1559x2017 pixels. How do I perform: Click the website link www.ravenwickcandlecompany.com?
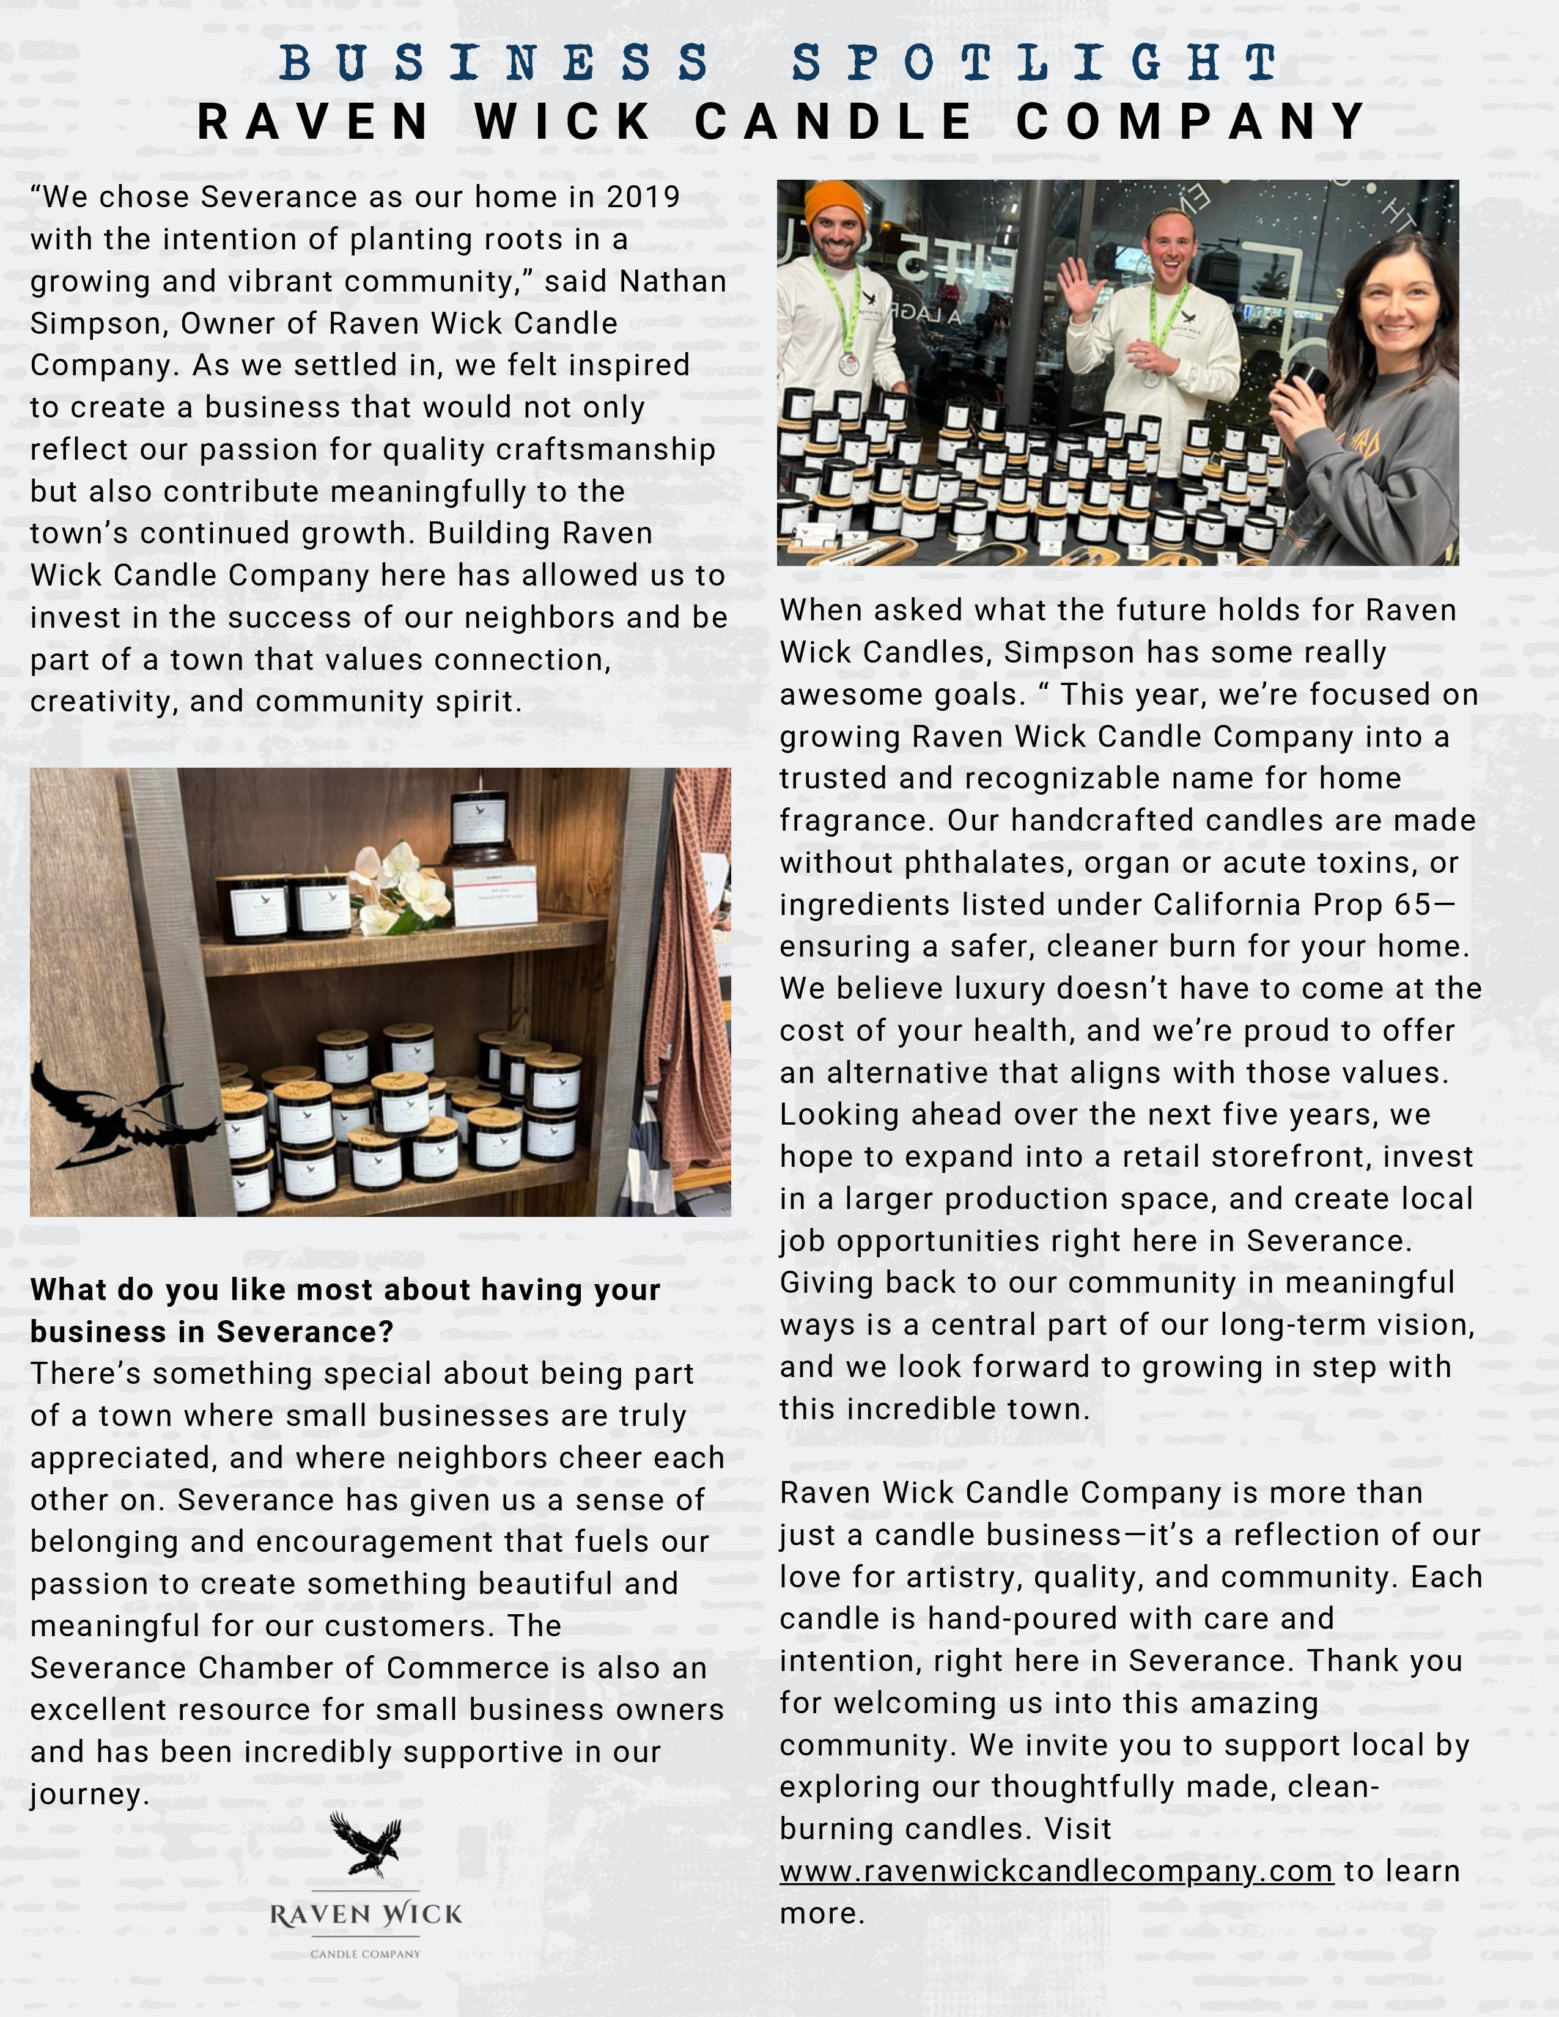[x=1056, y=1871]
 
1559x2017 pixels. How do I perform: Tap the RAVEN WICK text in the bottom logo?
[x=366, y=1914]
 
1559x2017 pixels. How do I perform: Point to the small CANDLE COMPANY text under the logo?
[x=366, y=1953]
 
